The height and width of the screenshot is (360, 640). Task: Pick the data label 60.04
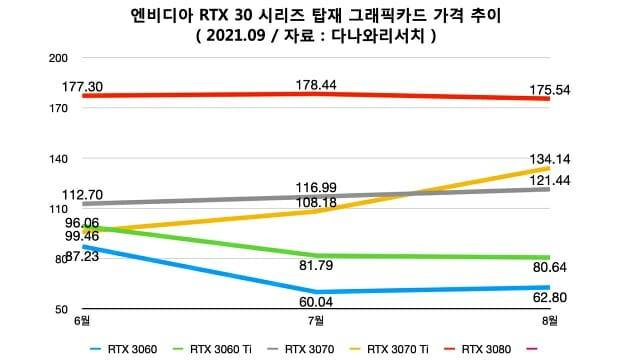pyautogui.click(x=316, y=302)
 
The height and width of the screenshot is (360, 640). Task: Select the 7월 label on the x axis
pyautogui.click(x=316, y=321)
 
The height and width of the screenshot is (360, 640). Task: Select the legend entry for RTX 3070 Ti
pyautogui.click(x=397, y=349)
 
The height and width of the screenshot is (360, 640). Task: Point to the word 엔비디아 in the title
pyautogui.click(x=158, y=14)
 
